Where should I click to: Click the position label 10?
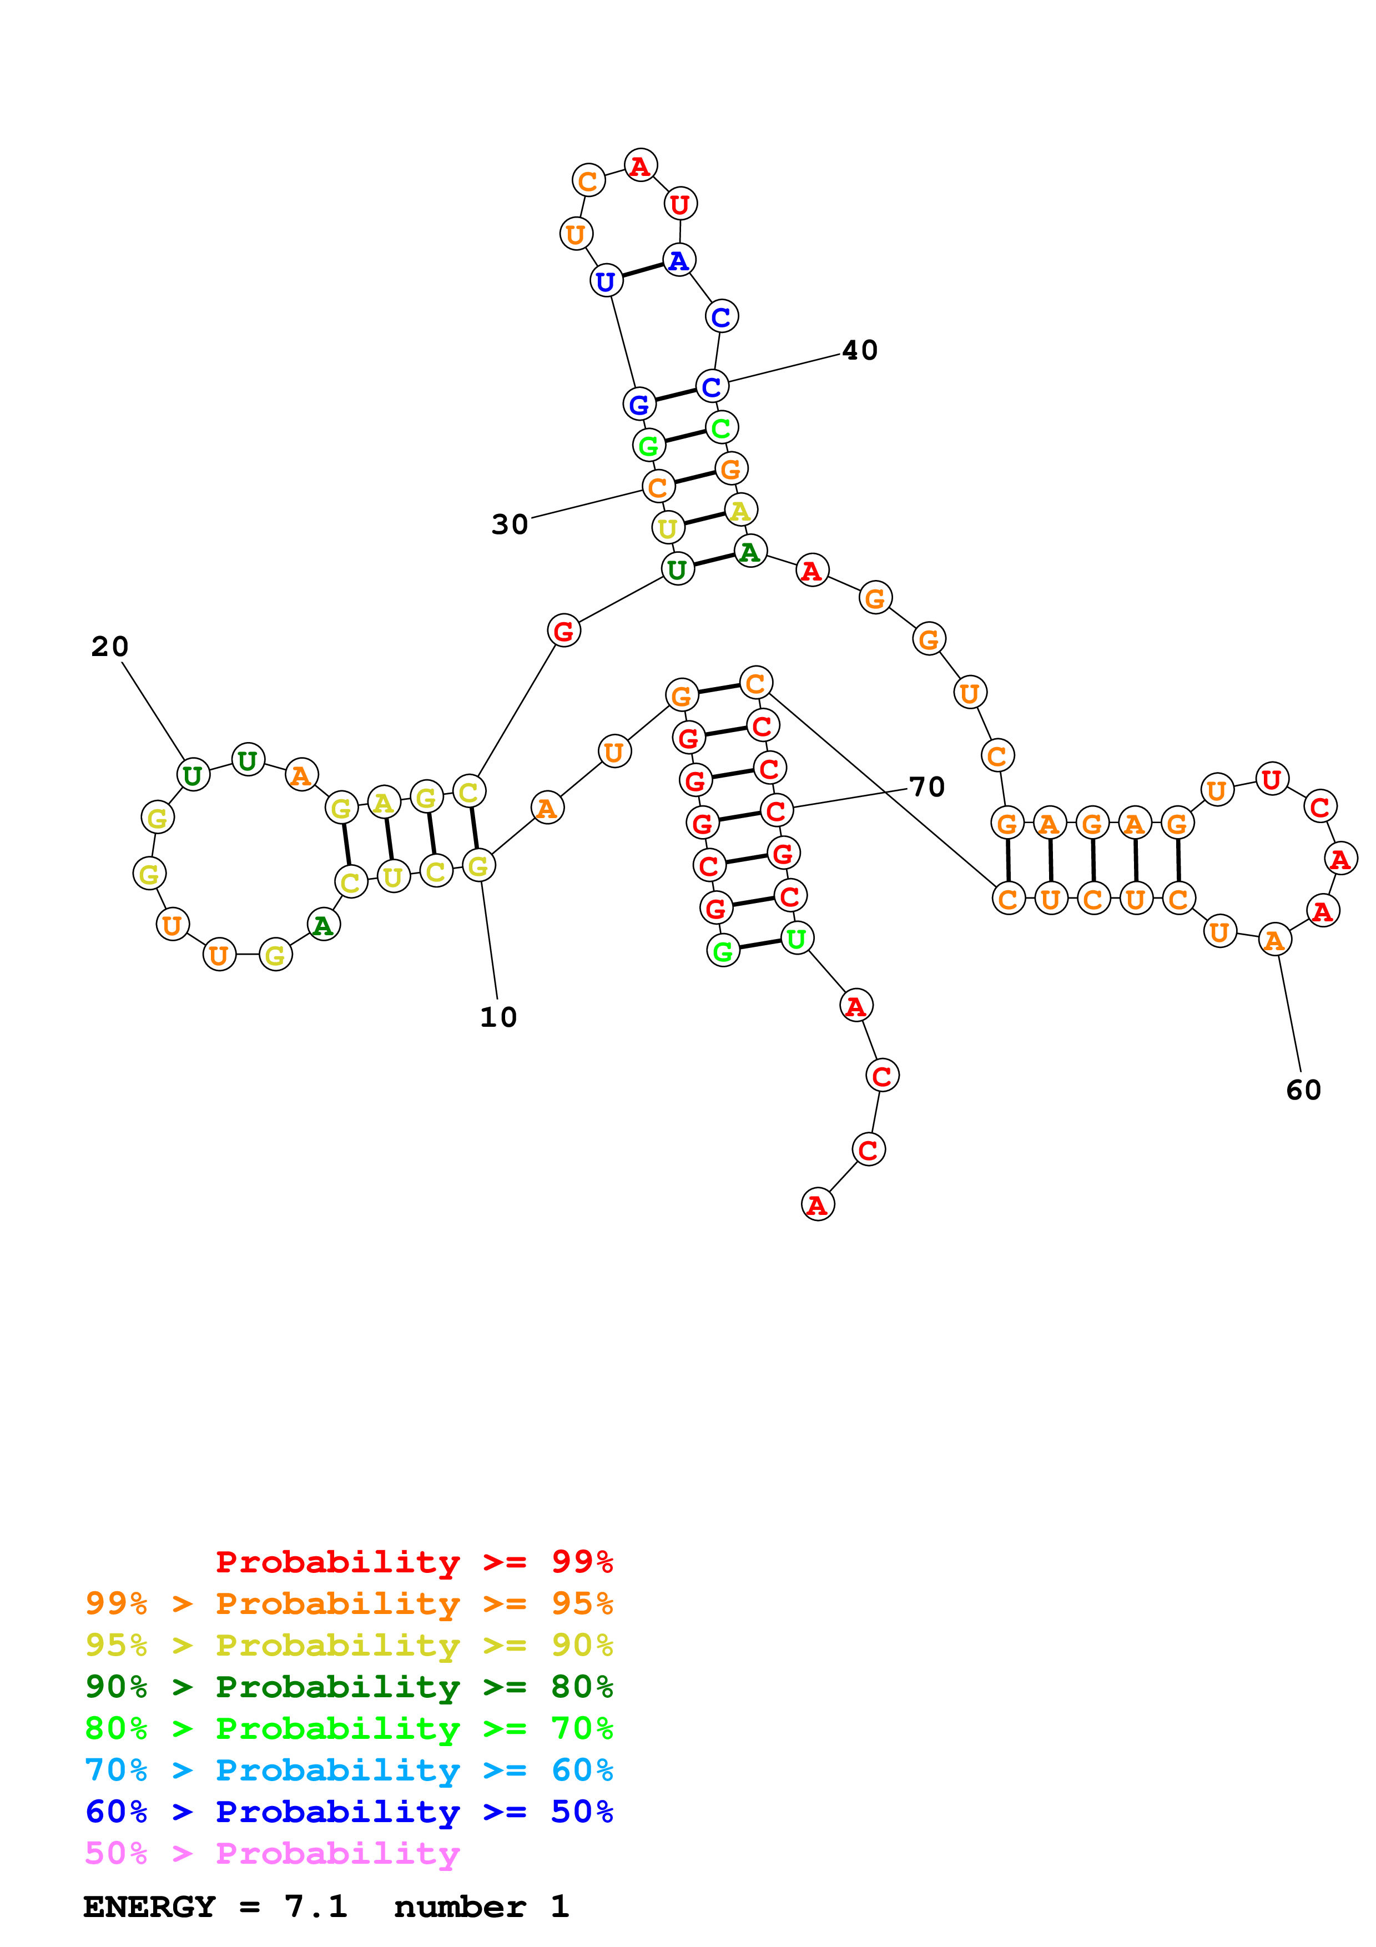click(x=498, y=1017)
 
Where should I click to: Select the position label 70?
click(x=926, y=787)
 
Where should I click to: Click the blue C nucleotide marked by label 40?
click(x=712, y=387)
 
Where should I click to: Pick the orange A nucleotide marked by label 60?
click(x=1274, y=940)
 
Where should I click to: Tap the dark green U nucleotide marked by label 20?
click(x=193, y=775)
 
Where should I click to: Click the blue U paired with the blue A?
click(x=606, y=281)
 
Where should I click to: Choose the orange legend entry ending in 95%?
click(x=349, y=1603)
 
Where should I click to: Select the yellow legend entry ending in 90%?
click(x=349, y=1645)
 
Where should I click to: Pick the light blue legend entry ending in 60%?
click(x=349, y=1770)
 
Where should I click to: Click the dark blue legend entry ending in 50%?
click(x=349, y=1812)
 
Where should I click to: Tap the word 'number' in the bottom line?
click(x=460, y=1907)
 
